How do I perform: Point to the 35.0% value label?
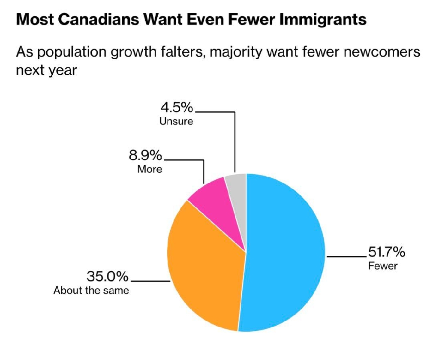tap(108, 276)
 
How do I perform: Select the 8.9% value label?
tap(146, 155)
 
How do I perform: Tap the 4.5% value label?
tap(177, 107)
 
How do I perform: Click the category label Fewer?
tap(383, 266)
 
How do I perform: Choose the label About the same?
tap(91, 290)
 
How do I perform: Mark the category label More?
tap(150, 169)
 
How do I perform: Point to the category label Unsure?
tap(176, 121)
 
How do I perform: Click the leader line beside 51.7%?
tap(346, 256)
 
